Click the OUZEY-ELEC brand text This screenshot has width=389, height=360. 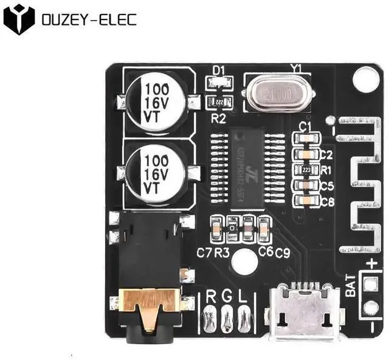click(89, 19)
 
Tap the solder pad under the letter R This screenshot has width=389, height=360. click(211, 316)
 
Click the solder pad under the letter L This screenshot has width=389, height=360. click(244, 316)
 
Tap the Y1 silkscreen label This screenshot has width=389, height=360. click(296, 69)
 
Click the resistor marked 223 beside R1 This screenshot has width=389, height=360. click(307, 170)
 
